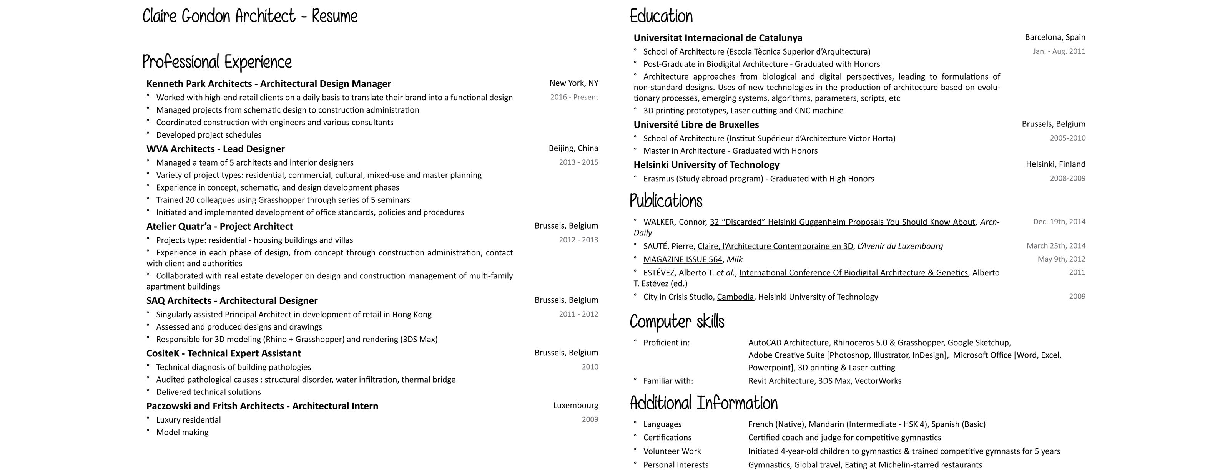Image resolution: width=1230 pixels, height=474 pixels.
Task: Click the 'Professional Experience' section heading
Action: coord(217,63)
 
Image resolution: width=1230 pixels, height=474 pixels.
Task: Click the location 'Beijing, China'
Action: coord(573,148)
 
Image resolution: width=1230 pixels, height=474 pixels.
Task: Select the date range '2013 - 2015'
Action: coord(578,162)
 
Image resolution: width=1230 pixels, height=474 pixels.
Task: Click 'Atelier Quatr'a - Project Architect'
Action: coord(219,226)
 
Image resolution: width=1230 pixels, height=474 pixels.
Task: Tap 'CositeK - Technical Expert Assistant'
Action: coord(223,353)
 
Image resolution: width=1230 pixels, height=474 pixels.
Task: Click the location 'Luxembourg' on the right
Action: coord(575,405)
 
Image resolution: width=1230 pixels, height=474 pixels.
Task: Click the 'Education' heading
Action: coord(661,17)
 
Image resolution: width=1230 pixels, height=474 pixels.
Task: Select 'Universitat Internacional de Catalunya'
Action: coord(718,38)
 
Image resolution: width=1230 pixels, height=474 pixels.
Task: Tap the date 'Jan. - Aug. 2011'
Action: coord(1059,51)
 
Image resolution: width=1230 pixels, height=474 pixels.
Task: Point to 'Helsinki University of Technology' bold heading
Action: coord(706,165)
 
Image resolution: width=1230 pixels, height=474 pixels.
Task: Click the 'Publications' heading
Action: coord(666,201)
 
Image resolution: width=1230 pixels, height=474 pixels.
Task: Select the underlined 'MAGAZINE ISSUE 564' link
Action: coord(682,260)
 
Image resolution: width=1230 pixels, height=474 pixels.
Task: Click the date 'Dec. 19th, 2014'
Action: coord(1059,222)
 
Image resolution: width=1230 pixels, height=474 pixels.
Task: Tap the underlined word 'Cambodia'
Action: coord(735,297)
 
